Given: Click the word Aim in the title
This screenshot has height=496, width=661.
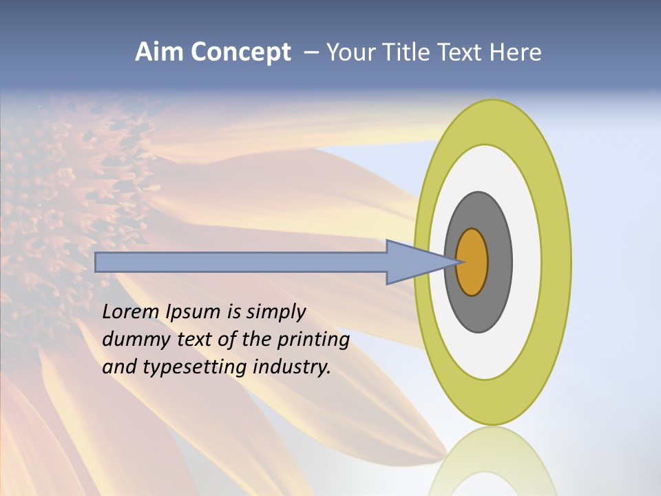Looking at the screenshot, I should [x=158, y=52].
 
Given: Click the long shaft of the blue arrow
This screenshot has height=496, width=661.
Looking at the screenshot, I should [x=241, y=262].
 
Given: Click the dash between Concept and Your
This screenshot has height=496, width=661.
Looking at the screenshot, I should [x=311, y=53].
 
